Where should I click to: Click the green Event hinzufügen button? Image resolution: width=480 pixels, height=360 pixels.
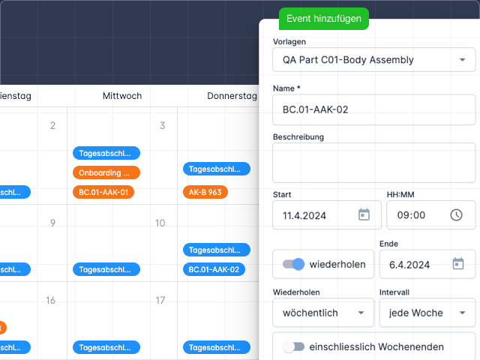pos(324,19)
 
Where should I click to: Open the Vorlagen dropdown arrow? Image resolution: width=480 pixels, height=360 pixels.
pos(461,59)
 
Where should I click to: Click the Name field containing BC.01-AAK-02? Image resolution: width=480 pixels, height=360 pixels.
pos(373,109)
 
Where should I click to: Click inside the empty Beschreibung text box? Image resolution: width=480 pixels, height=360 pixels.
pos(373,163)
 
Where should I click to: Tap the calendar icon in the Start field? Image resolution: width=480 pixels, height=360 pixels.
pos(364,215)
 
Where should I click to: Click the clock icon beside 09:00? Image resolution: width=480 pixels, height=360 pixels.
pos(457,215)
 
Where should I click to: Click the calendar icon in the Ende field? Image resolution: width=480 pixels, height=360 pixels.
pos(458,264)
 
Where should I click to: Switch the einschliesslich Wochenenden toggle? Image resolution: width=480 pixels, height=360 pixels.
pos(294,346)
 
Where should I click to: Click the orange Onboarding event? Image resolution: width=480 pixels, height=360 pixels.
pos(106,172)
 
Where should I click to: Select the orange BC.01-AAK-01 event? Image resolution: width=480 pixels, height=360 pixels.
pos(106,192)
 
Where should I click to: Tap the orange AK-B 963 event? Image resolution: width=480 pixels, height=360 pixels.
pos(205,192)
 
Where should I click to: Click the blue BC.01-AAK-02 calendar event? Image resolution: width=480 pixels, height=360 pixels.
pos(216,269)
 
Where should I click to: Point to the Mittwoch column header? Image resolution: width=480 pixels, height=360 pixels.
pos(122,96)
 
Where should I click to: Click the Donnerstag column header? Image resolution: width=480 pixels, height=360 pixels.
pos(232,96)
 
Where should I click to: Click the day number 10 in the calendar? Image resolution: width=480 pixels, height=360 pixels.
pos(160,223)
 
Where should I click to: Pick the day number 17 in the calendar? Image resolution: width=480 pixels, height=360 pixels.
pos(160,300)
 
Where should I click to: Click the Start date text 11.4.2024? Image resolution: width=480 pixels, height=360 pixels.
pos(304,215)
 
